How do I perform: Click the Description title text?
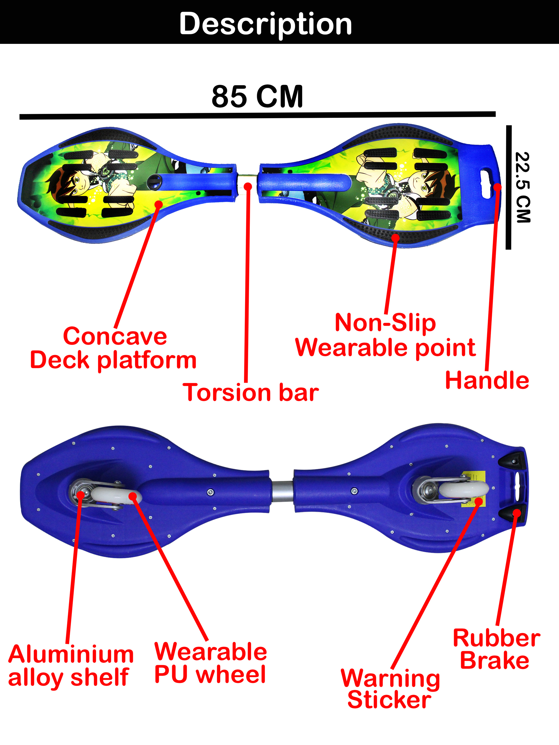(266, 24)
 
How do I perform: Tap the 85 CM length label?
(257, 96)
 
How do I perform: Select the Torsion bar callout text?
(251, 393)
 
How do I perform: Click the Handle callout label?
(487, 380)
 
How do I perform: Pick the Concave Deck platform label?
(113, 348)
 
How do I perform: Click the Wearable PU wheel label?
(210, 663)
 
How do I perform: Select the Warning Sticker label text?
(390, 689)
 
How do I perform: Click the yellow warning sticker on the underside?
(473, 489)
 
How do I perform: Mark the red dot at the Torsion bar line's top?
(248, 186)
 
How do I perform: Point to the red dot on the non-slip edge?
(395, 238)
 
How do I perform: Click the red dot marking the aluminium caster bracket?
(80, 494)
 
